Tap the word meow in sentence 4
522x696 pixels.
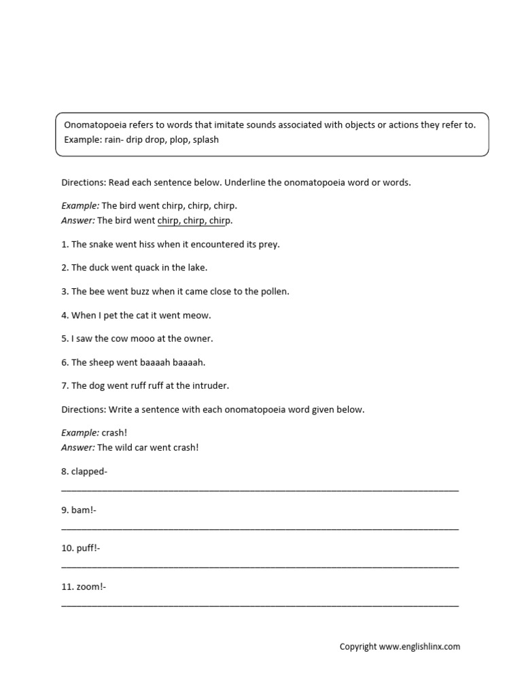pos(197,315)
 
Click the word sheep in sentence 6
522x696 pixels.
pos(103,362)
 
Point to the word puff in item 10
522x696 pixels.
pos(85,548)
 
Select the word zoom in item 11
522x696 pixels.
pos(88,587)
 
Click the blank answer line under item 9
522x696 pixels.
pos(260,527)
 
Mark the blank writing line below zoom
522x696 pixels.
pos(260,604)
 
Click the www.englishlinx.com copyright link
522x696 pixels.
pos(419,646)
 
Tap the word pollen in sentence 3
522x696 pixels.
pos(273,292)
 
